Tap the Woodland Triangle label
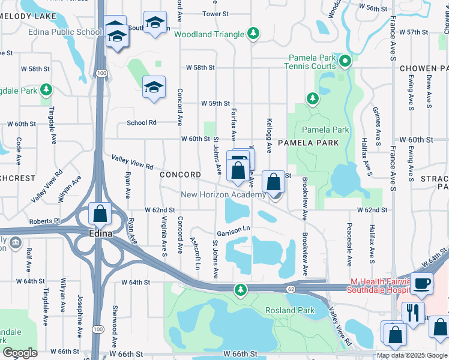[x=210, y=34]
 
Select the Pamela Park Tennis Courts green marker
[x=345, y=61]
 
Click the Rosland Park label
[x=290, y=310]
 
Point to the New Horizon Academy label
[x=223, y=194]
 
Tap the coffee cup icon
[x=422, y=283]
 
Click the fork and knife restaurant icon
[x=412, y=311]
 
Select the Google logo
[x=20, y=353]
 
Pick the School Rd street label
[x=142, y=122]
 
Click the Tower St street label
[x=216, y=13]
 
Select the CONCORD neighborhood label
[x=181, y=175]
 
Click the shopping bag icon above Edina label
[x=99, y=213]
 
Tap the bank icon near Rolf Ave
[x=15, y=243]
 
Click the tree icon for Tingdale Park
[x=46, y=91]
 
